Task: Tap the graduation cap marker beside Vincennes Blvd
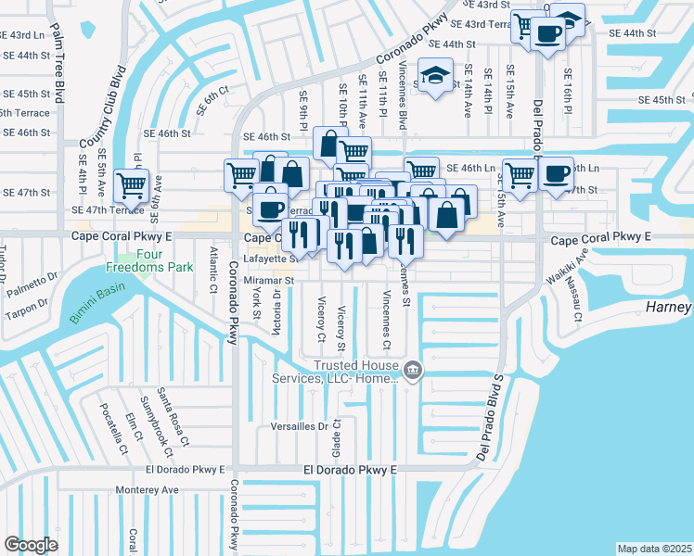pyautogui.click(x=433, y=76)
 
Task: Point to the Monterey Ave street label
pyautogui.click(x=147, y=489)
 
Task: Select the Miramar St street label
pyautogui.click(x=268, y=279)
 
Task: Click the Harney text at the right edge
pyautogui.click(x=669, y=307)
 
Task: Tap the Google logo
pyautogui.click(x=31, y=545)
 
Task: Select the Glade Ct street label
pyautogui.click(x=338, y=436)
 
